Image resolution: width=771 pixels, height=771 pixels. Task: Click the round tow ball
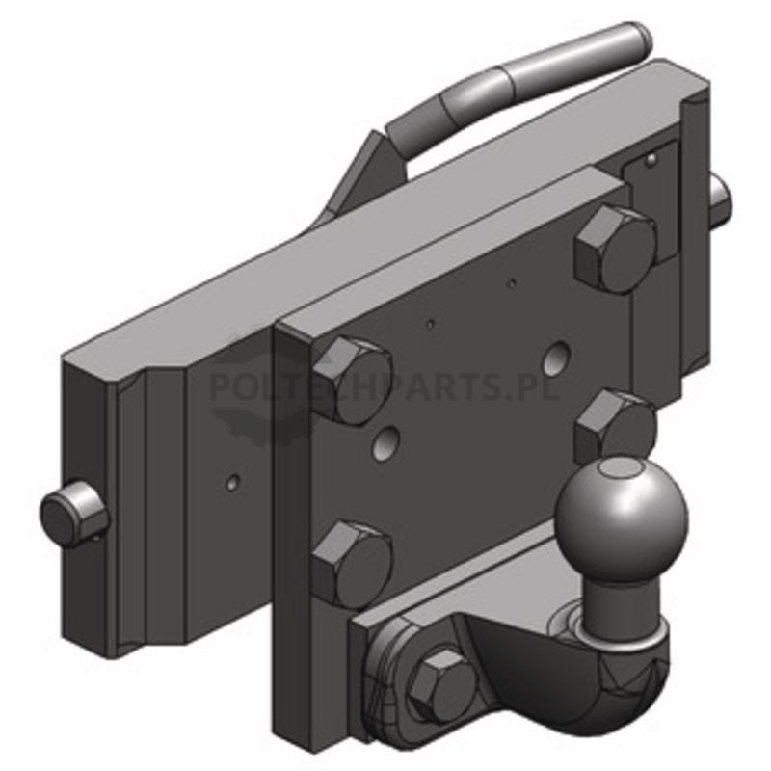click(621, 519)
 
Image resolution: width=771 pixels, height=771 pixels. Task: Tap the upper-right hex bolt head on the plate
click(616, 250)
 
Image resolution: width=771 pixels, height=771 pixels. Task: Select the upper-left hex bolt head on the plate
click(352, 381)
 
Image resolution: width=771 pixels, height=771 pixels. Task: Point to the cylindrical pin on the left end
click(74, 514)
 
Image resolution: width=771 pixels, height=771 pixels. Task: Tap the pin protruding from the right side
click(720, 199)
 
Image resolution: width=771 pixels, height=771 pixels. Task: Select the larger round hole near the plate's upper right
click(556, 358)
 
